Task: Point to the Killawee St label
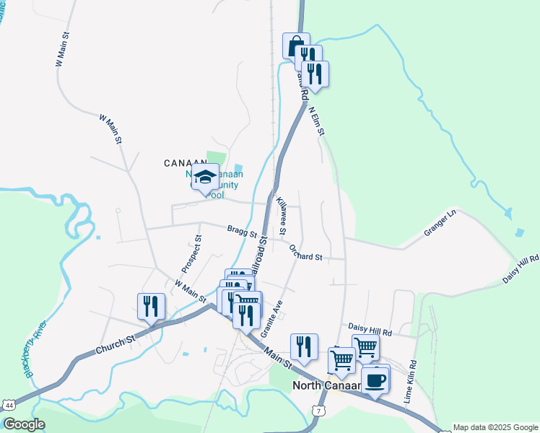(282, 214)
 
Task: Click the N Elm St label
(316, 121)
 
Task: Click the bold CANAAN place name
(186, 162)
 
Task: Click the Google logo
(24, 424)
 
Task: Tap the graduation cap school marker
(205, 177)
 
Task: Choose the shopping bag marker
(295, 46)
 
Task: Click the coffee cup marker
(374, 379)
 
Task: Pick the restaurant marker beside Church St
(151, 306)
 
